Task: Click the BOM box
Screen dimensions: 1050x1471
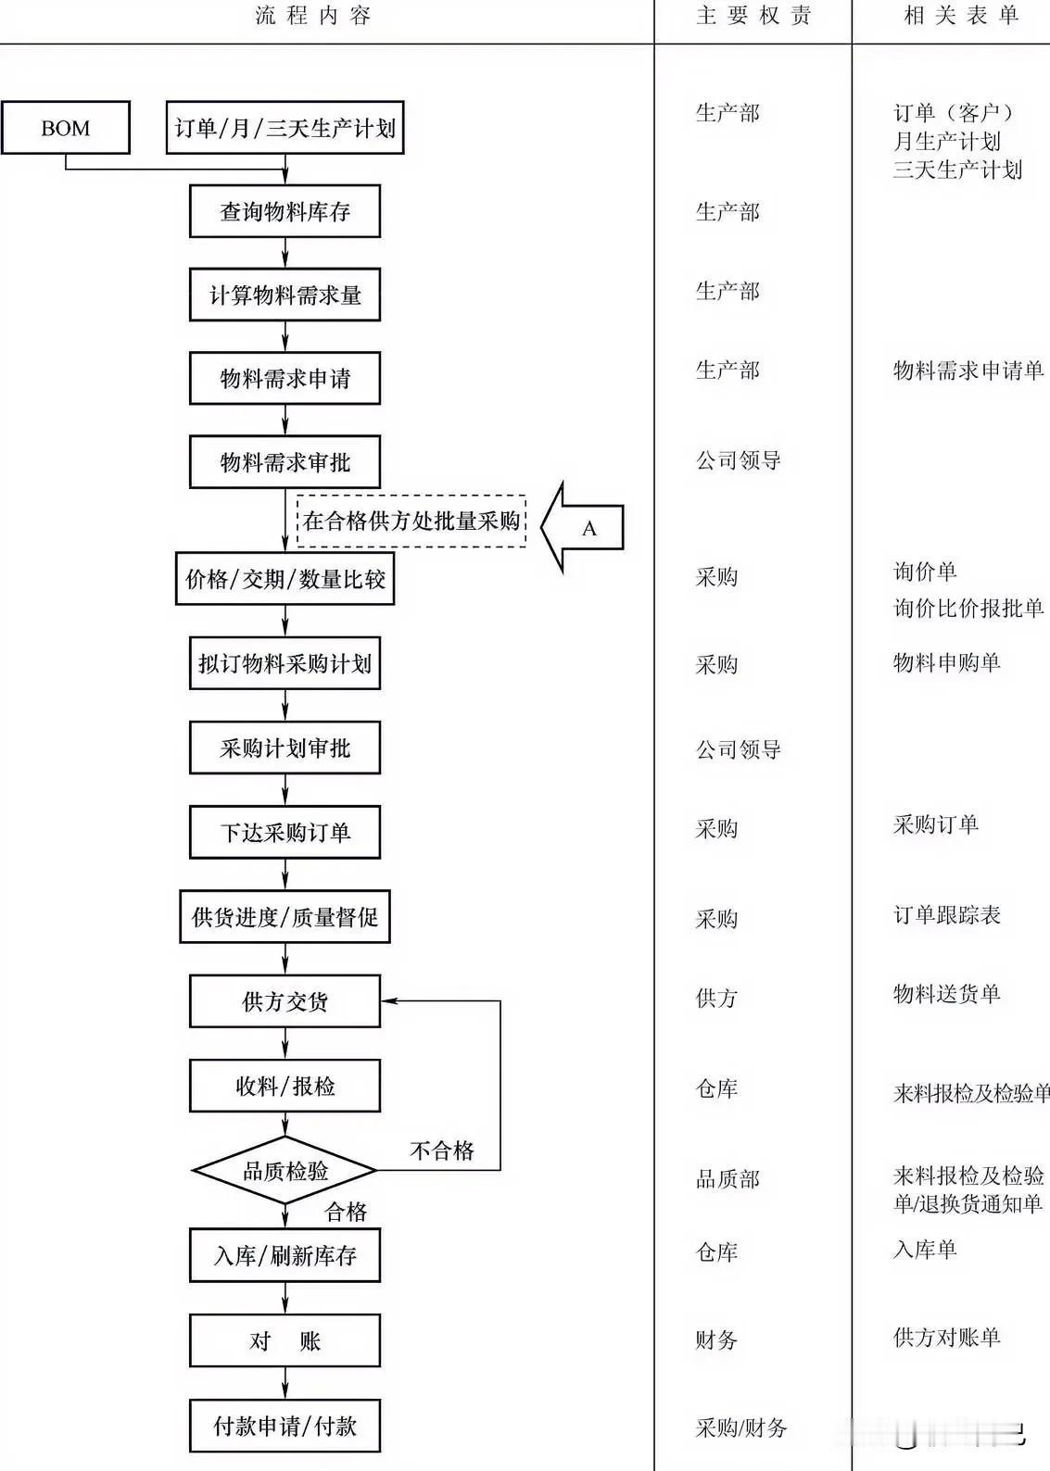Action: click(65, 128)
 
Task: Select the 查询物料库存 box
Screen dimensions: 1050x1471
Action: click(285, 211)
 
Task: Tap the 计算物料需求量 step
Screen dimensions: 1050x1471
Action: click(285, 295)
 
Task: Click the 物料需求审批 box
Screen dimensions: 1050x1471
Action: click(285, 461)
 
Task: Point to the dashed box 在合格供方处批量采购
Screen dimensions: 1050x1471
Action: click(411, 521)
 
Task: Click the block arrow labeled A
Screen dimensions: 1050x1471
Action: click(584, 528)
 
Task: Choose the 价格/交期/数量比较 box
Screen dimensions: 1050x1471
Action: click(285, 579)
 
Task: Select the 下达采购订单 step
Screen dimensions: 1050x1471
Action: click(285, 832)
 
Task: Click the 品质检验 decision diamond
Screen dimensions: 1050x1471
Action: click(285, 1170)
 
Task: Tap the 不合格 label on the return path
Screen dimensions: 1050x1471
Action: click(441, 1150)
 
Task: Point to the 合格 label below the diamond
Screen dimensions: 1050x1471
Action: click(346, 1212)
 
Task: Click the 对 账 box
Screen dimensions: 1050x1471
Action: click(285, 1340)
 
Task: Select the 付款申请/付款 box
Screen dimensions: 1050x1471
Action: click(285, 1426)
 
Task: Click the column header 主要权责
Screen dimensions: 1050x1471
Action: click(753, 16)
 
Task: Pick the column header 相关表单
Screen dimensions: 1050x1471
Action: click(961, 16)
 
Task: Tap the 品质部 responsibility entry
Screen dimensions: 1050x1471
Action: click(727, 1179)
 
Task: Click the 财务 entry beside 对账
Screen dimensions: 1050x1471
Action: click(716, 1339)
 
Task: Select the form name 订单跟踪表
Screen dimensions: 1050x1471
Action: click(946, 915)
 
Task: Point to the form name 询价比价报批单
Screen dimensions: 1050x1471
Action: click(968, 608)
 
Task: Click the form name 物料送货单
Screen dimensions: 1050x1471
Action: click(946, 994)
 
